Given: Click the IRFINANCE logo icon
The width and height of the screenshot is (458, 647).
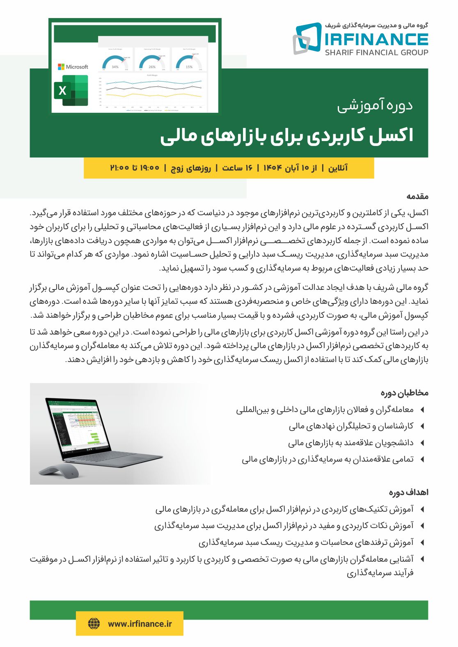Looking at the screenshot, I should coord(307,38).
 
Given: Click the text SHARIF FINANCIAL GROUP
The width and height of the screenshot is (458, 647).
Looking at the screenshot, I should coord(376,52).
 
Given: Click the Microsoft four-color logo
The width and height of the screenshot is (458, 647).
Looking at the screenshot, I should coord(61,67).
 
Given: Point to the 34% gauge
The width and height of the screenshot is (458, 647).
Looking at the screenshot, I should coord(115,62).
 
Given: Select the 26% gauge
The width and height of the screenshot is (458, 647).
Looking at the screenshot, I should coord(152,62).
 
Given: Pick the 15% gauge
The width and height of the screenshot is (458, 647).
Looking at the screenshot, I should coord(189,62).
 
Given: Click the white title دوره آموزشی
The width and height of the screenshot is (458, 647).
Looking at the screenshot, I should coord(375,105).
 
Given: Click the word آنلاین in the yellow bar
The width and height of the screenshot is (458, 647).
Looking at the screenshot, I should coord(337,168).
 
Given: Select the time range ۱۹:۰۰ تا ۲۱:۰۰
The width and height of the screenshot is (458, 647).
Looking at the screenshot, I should coord(135,168).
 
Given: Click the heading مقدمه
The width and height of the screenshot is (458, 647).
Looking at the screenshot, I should coord(417,196).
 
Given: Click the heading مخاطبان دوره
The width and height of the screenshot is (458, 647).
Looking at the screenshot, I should coord(404,393).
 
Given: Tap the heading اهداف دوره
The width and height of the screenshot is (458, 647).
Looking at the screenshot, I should coord(408,492).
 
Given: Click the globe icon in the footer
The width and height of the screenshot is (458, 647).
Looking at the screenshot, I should coord(94,624).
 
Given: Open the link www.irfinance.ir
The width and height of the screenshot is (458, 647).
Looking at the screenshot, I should coord(140,624).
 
